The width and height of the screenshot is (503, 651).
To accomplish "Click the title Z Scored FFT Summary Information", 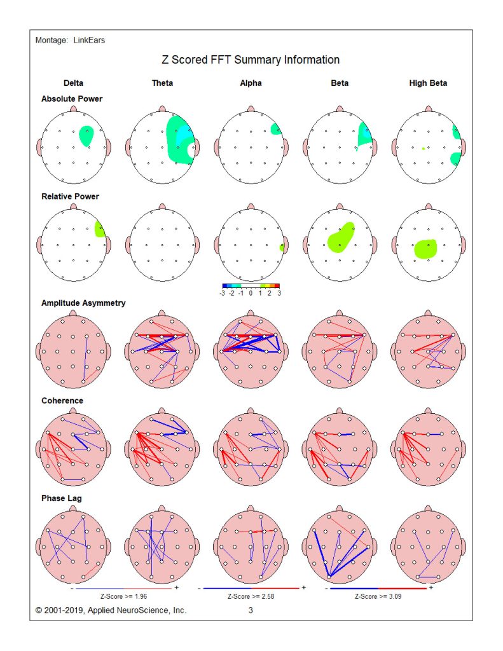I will pos(251,60).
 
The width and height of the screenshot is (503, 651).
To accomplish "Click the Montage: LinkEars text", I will pos(70,41).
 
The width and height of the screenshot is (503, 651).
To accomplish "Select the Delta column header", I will pos(73,83).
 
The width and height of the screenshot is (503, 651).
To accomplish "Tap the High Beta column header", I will pos(428,83).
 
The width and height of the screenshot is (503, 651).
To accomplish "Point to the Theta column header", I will pos(162,83).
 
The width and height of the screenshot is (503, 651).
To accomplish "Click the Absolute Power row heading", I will pos(72,99).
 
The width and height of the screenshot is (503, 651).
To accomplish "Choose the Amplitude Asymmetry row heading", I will pos(83,303).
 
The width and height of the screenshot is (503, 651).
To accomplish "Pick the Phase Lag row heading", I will pos(62,498).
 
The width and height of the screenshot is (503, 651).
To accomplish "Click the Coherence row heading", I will pos(62,401).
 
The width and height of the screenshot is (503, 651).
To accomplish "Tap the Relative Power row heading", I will pos(71,196).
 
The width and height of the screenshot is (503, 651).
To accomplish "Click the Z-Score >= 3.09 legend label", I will pos(380,597).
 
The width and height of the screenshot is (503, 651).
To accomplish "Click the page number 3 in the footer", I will pos(251,610).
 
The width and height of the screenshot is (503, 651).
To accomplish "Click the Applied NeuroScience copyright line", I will pos(111,610).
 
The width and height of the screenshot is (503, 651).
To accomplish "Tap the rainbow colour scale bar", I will pos(251,286).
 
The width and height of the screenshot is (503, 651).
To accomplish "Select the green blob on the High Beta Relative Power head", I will pos(425,249).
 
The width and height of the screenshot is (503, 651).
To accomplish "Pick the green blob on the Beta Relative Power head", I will pos(341,238).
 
